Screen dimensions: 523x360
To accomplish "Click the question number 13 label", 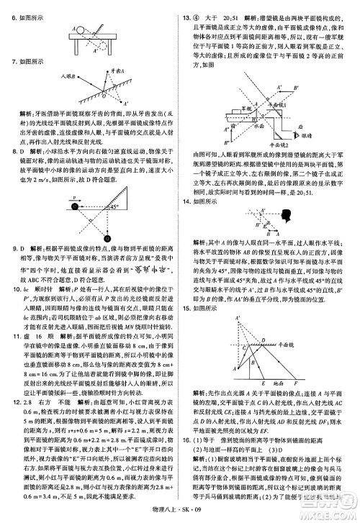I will click(x=188, y=9).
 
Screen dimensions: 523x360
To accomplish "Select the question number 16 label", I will click(x=188, y=437).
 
